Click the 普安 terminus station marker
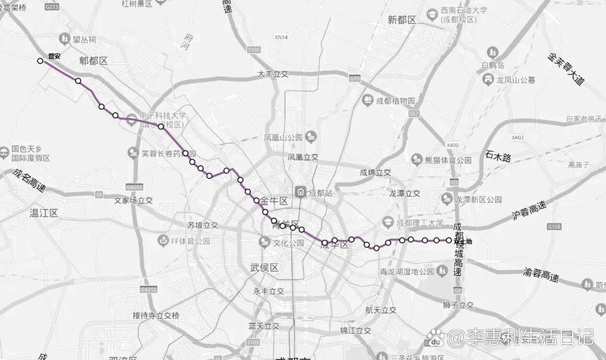point(41,61)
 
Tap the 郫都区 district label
point(93,62)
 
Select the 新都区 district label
point(402,20)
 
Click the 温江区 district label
point(43,213)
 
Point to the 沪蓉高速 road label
point(530,210)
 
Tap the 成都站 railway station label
point(319,193)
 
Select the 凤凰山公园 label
point(283,137)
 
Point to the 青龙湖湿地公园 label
point(407,271)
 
